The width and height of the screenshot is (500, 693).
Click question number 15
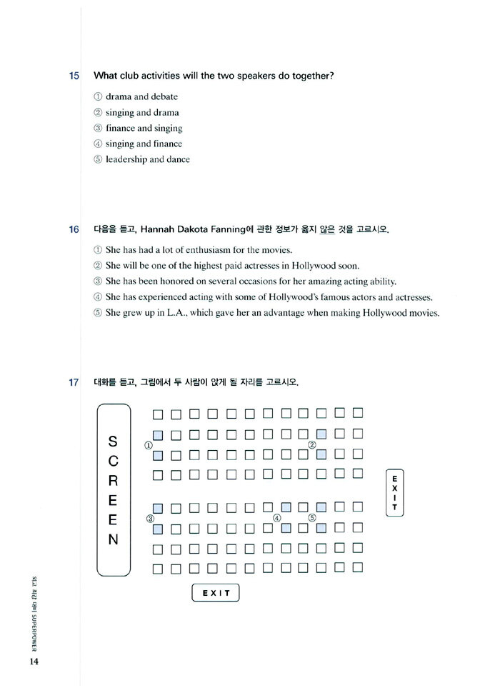pyautogui.click(x=74, y=76)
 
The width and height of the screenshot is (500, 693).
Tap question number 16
pyautogui.click(x=74, y=230)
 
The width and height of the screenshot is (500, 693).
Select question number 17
pyautogui.click(x=74, y=383)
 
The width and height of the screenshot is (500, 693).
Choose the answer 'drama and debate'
pyautogui.click(x=141, y=96)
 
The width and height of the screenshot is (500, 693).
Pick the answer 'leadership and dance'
pyautogui.click(x=147, y=159)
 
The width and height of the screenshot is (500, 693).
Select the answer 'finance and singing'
pyautogui.click(x=144, y=128)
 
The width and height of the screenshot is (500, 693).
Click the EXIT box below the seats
pyautogui.click(x=216, y=593)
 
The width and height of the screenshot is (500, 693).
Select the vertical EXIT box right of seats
pyautogui.click(x=394, y=491)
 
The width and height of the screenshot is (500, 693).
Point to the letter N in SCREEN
pyautogui.click(x=113, y=539)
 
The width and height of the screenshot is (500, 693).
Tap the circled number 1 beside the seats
pyautogui.click(x=149, y=444)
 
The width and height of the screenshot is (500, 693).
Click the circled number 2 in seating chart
pyautogui.click(x=312, y=444)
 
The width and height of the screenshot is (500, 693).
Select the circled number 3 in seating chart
pyautogui.click(x=151, y=519)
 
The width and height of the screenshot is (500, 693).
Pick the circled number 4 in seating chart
pyautogui.click(x=277, y=518)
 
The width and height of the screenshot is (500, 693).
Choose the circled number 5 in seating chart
pyautogui.click(x=312, y=518)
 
